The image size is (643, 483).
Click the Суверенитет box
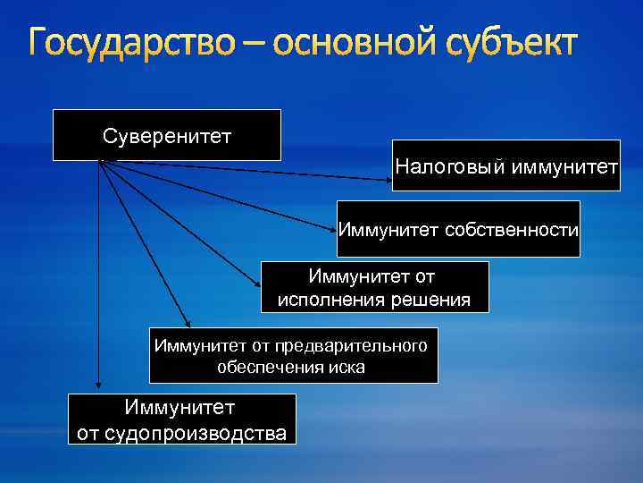[167, 135]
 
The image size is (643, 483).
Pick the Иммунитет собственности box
[458, 229]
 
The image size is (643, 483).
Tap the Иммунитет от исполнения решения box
[374, 287]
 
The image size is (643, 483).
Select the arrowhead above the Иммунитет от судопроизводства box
[99, 386]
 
